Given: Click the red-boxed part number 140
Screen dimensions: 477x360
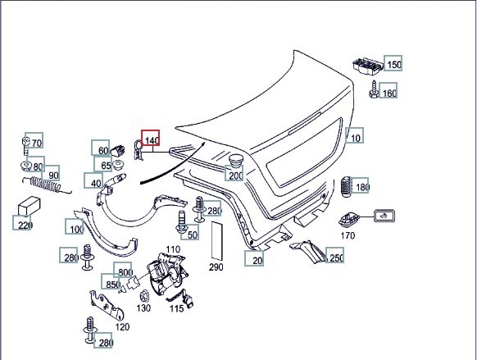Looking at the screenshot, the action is pyautogui.click(x=152, y=140).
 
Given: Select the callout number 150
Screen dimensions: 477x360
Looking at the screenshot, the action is pyautogui.click(x=394, y=65).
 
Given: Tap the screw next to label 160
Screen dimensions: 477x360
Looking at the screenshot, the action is pyautogui.click(x=374, y=89).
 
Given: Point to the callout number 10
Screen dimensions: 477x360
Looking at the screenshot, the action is pyautogui.click(x=356, y=139).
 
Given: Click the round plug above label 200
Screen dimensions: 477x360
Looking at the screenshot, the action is pyautogui.click(x=235, y=161).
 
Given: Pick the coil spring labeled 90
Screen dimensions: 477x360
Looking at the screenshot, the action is pyautogui.click(x=47, y=185).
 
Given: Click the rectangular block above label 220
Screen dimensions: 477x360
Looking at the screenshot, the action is pyautogui.click(x=29, y=206).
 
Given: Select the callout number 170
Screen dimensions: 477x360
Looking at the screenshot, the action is pyautogui.click(x=348, y=235).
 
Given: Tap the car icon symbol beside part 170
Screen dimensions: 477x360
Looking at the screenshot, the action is pyautogui.click(x=384, y=216).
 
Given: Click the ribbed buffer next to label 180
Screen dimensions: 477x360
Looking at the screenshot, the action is pyautogui.click(x=346, y=186).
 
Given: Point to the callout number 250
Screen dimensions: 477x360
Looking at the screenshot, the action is pyautogui.click(x=337, y=258).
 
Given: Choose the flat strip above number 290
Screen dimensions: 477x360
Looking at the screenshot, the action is pyautogui.click(x=216, y=240).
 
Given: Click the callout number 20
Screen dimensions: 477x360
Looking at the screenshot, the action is pyautogui.click(x=257, y=261).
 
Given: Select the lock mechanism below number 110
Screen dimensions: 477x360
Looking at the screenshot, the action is pyautogui.click(x=166, y=273).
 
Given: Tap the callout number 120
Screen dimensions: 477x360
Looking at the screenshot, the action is pyautogui.click(x=122, y=327).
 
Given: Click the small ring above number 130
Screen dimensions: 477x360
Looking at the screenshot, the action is pyautogui.click(x=143, y=296).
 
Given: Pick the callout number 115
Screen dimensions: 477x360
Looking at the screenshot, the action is pyautogui.click(x=177, y=309).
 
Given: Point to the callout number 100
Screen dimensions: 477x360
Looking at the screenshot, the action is pyautogui.click(x=77, y=229).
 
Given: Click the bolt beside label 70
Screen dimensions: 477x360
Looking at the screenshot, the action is pyautogui.click(x=26, y=146).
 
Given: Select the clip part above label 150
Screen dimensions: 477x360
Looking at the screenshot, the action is pyautogui.click(x=367, y=66).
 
